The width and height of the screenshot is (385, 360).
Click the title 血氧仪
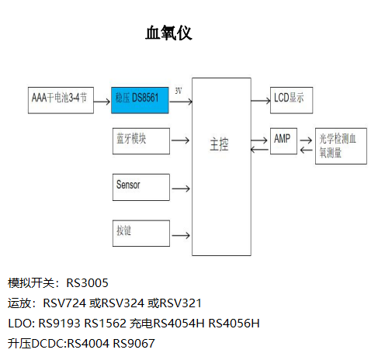(x=168, y=33)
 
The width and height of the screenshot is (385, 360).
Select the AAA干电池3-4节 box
(x=60, y=99)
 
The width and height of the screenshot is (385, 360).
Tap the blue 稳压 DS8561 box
(x=139, y=99)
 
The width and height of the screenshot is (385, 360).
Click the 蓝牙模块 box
(x=140, y=140)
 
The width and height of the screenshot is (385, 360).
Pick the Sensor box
(x=140, y=186)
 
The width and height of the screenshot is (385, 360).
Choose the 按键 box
(x=140, y=233)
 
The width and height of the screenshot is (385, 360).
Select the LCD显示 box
(x=291, y=99)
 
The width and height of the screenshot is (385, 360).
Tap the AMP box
(x=283, y=141)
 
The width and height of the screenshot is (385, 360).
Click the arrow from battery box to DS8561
(x=102, y=100)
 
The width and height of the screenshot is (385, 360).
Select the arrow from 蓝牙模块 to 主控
(x=179, y=141)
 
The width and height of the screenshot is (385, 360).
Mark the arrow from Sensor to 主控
(x=179, y=187)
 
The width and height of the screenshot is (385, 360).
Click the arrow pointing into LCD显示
(x=260, y=100)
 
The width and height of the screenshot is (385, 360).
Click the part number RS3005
(x=87, y=282)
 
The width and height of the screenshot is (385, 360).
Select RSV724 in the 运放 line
(x=65, y=303)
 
